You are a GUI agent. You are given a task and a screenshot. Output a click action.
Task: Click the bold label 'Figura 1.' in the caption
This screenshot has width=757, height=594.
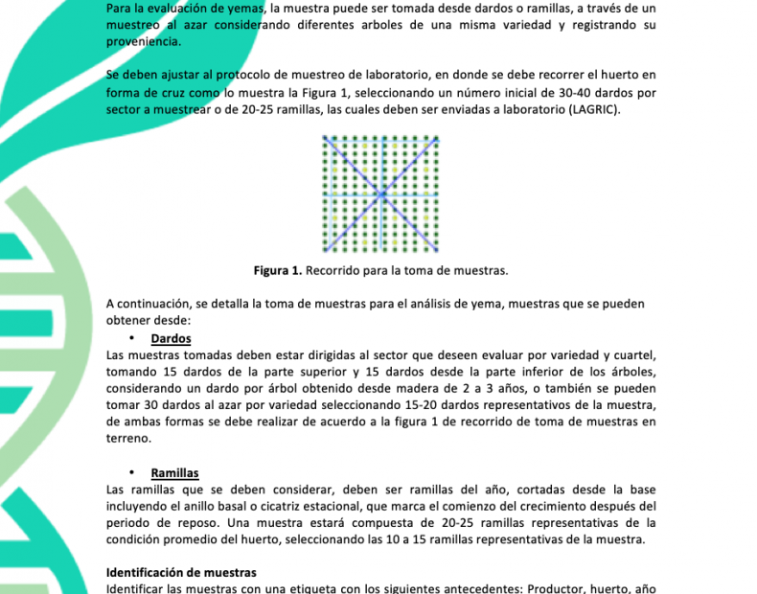point(278,271)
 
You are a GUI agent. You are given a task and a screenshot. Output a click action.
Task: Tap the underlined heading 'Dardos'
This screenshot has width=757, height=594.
point(171,338)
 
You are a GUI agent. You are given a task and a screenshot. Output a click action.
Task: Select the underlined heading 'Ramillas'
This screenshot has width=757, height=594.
point(174,472)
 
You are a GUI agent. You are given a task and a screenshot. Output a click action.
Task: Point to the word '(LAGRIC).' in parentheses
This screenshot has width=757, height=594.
point(592,110)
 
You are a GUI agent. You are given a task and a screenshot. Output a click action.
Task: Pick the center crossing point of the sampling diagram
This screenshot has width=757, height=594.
point(381,194)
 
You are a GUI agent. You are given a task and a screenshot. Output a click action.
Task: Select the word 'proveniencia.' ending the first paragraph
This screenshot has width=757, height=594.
point(143,41)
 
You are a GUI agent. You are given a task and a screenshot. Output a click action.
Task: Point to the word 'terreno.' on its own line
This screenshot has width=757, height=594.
point(127,437)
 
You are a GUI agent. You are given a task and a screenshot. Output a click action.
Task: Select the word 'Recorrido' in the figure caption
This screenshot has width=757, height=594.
point(333,271)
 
